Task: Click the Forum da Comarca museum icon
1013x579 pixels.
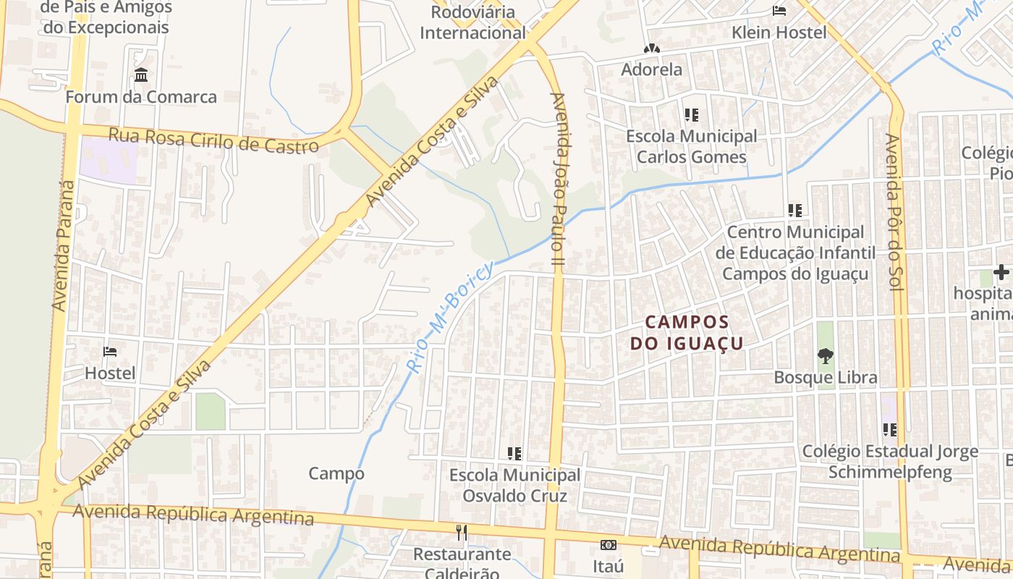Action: tap(141, 75)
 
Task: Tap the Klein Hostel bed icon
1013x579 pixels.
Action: tap(779, 11)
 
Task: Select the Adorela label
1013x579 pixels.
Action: tap(652, 69)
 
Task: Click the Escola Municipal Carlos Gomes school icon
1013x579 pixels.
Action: tap(691, 115)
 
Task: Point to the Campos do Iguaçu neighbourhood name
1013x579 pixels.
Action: tap(687, 332)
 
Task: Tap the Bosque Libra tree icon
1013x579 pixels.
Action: tap(825, 355)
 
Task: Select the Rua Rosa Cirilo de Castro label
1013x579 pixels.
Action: tap(213, 140)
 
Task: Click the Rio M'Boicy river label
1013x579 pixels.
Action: tap(450, 316)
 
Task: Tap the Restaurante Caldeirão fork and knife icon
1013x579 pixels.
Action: tap(462, 533)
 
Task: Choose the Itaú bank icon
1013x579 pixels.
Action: tap(608, 544)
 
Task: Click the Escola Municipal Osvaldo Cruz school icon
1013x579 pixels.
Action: tap(514, 454)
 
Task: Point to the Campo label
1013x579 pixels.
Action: tap(336, 473)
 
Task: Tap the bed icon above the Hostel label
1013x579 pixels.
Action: tap(110, 352)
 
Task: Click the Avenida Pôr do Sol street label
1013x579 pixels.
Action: tap(892, 213)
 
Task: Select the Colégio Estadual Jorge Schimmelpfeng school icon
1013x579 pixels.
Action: tap(890, 430)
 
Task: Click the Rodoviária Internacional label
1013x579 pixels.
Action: tap(472, 22)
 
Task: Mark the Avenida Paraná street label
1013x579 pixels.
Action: tap(64, 246)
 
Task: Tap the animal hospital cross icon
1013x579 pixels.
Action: tap(1001, 273)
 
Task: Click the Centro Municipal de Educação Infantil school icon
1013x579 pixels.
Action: tap(795, 211)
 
